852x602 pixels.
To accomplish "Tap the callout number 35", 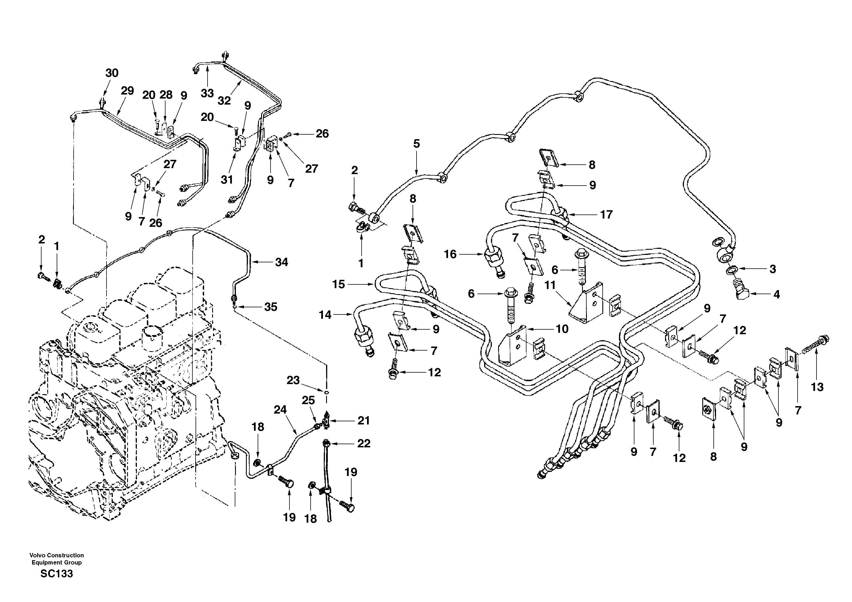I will point(271,307).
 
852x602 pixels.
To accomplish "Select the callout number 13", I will point(817,387).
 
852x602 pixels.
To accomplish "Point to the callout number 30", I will point(112,73).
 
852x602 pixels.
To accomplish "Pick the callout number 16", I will point(450,254).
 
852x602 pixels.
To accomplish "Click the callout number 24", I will point(280,410).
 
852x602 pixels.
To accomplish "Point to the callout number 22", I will point(364,444).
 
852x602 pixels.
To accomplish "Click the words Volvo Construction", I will point(56,555).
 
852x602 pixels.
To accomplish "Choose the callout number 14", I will point(325,315).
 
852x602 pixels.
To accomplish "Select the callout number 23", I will point(293,380).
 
